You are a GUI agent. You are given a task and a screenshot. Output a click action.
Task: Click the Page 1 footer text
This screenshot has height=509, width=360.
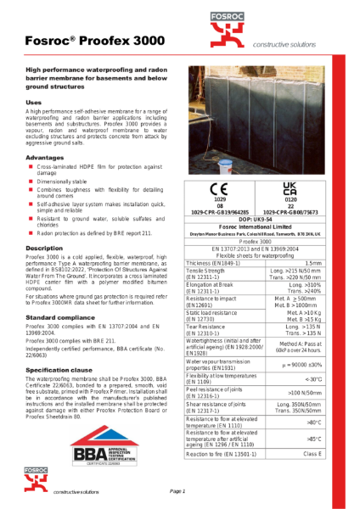coord(177,491)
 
